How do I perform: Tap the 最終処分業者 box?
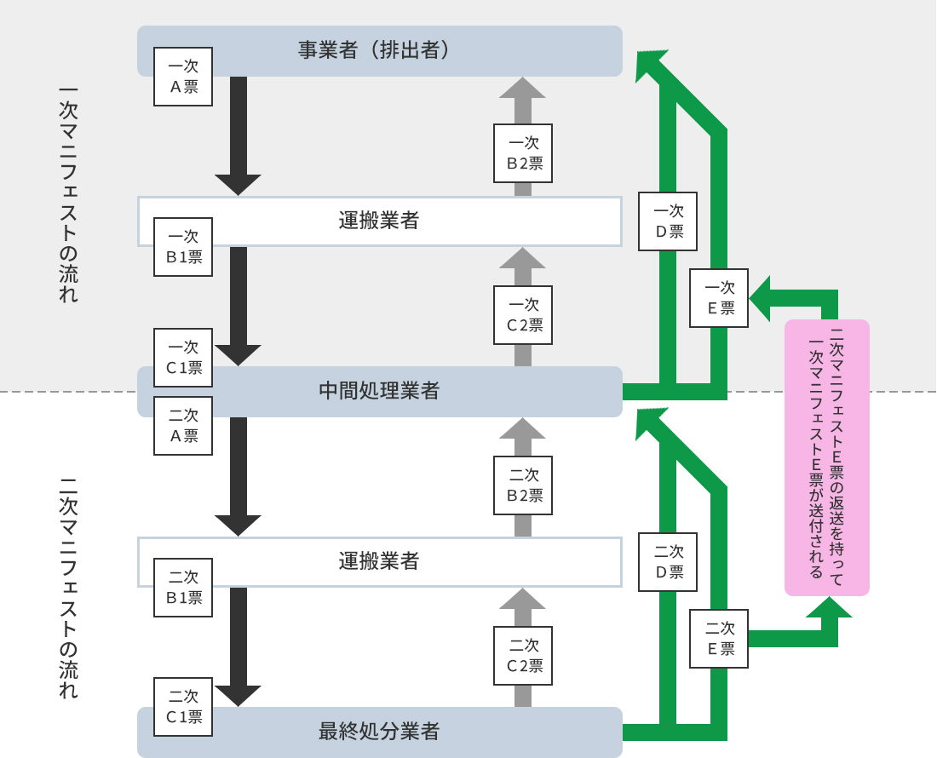380,732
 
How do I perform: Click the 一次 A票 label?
183,77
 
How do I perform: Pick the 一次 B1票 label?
183,247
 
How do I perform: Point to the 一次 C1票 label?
183,358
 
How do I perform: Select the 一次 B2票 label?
523,153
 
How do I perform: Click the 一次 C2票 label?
523,315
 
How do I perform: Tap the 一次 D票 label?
668,221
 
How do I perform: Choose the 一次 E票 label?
719,298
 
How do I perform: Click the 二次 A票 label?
183,426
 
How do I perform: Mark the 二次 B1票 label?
183,588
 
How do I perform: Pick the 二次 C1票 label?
183,707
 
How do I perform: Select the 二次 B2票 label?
523,485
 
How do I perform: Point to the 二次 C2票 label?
523,656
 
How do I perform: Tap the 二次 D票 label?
668,562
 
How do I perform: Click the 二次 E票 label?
719,639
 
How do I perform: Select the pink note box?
827,457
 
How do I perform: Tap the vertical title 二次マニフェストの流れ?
68,588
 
